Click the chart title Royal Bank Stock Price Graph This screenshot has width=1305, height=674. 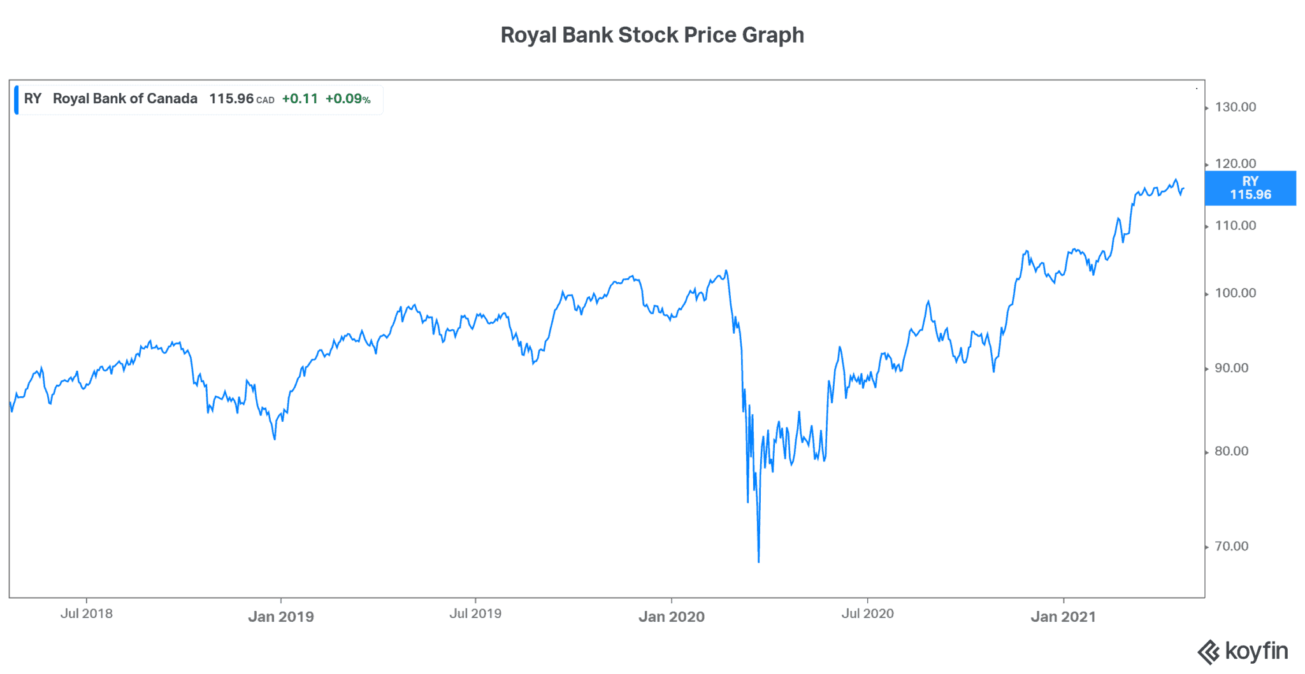tap(652, 35)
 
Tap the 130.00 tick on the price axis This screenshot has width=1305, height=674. tap(1235, 107)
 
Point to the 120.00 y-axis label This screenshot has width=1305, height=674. tap(1235, 164)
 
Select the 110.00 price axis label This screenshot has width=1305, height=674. tap(1235, 226)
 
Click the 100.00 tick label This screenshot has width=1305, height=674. tap(1235, 293)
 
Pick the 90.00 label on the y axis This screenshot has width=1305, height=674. tap(1231, 368)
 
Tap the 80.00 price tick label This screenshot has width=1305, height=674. tap(1231, 451)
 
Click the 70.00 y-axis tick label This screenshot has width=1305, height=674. tap(1231, 546)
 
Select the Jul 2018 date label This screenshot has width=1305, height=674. tap(86, 613)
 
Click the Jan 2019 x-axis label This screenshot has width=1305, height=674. tap(280, 617)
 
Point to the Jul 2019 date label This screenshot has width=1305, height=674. tap(475, 613)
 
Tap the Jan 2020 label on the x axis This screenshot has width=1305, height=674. tap(672, 617)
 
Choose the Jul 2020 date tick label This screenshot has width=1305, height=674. tap(867, 613)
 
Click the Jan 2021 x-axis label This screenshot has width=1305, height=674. tap(1063, 617)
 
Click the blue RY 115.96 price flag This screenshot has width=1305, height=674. tap(1250, 188)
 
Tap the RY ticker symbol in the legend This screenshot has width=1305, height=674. tap(32, 99)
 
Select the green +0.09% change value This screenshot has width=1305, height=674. tap(347, 99)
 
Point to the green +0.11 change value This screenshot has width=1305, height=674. tap(299, 99)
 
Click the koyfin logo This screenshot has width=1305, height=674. tap(1243, 652)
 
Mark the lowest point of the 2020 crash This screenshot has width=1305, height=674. tap(758, 562)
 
